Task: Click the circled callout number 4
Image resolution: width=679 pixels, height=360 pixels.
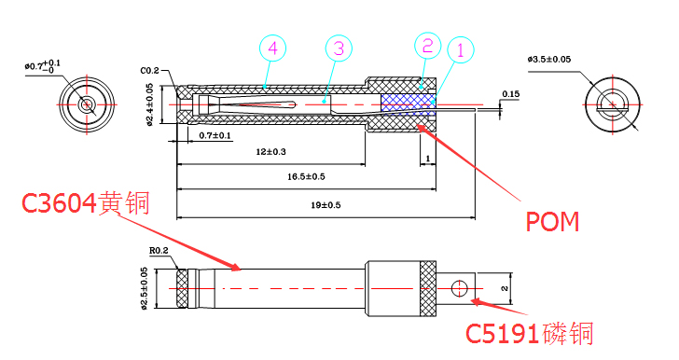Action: [271, 47]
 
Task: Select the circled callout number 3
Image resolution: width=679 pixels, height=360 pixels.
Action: [338, 48]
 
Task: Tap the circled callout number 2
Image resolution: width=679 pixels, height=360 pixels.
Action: [426, 45]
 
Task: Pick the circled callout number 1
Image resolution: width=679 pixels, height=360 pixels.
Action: [459, 49]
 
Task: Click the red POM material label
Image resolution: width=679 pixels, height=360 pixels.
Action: [552, 222]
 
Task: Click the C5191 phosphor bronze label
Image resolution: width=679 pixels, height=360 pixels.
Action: [529, 332]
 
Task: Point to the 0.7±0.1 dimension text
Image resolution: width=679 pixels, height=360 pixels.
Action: [215, 136]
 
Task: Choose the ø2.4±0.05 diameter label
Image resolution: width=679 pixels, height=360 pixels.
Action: [150, 107]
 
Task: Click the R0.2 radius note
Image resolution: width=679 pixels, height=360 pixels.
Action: [159, 251]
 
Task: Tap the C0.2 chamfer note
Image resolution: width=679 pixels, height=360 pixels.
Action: [150, 71]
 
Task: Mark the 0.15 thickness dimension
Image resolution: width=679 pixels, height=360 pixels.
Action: [510, 94]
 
